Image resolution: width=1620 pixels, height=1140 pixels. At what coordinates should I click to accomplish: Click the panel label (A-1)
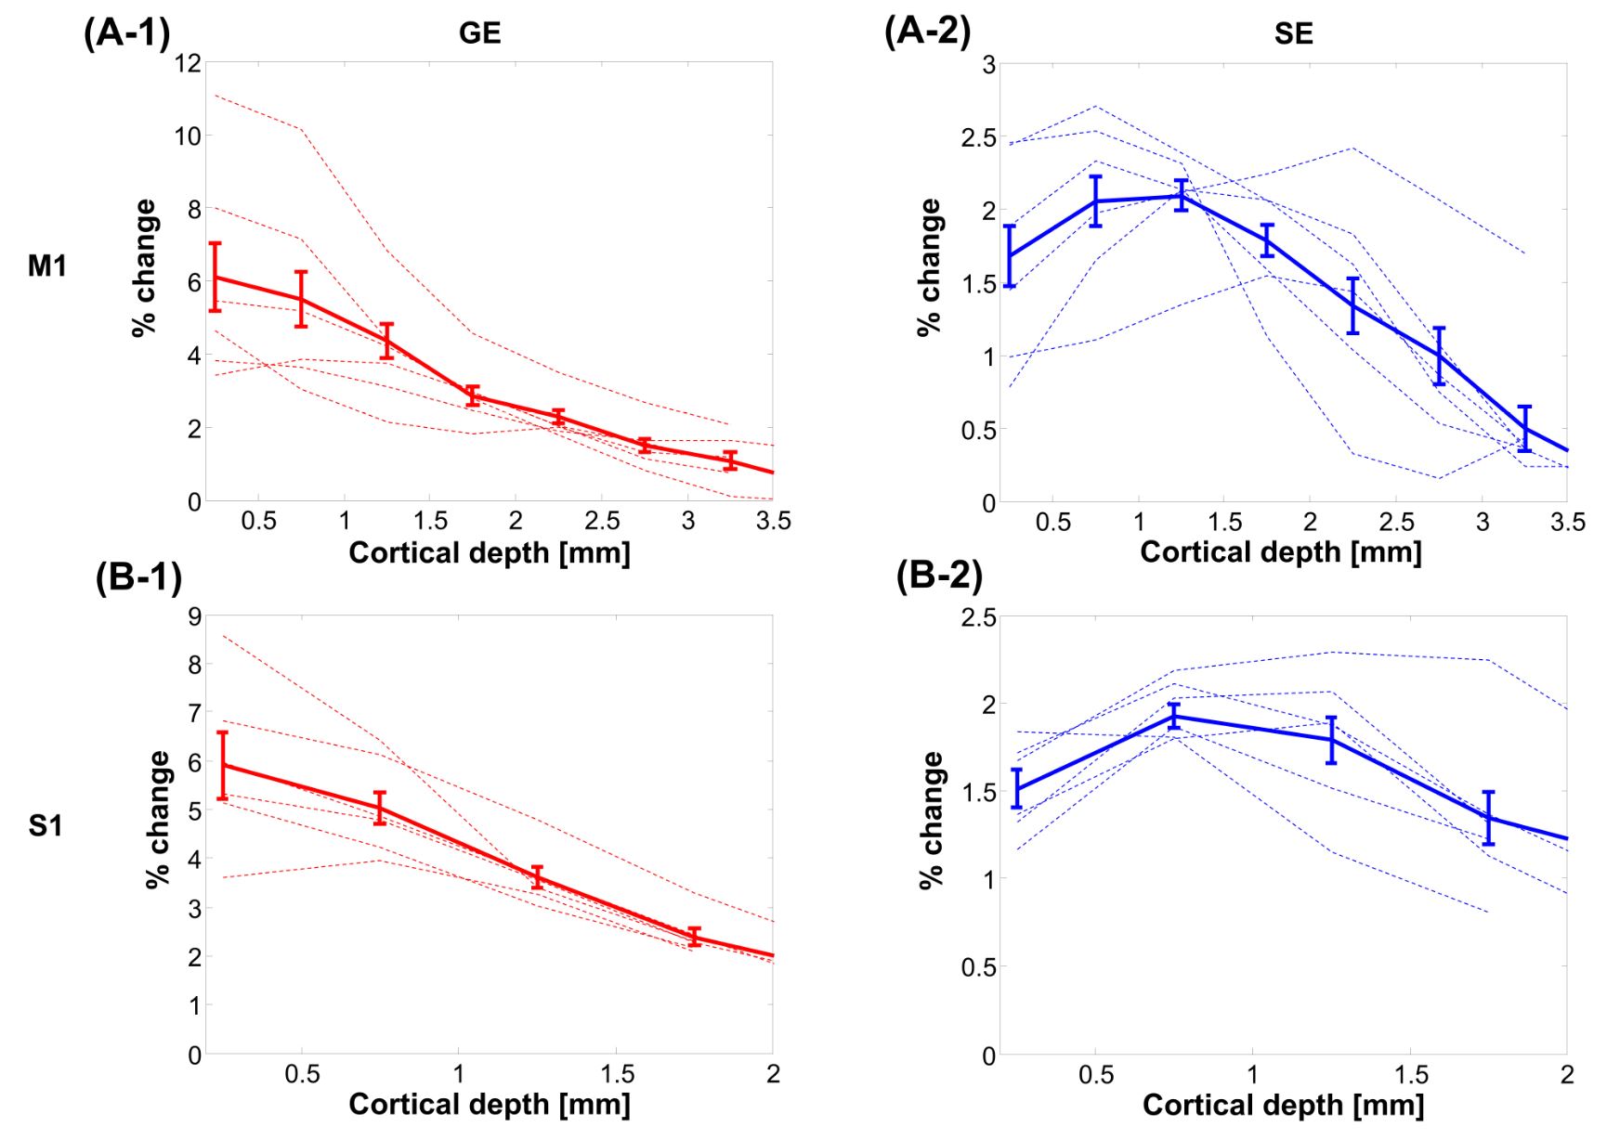126,33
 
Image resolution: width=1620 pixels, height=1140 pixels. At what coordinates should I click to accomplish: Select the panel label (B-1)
138,577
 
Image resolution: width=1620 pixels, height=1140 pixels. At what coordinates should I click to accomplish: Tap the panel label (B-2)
939,576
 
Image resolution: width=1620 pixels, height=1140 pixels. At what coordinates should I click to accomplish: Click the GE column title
479,34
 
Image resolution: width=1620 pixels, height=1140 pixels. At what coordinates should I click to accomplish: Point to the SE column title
1293,35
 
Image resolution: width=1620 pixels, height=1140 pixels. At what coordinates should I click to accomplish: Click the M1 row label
47,266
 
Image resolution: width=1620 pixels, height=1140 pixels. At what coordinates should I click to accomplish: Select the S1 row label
46,825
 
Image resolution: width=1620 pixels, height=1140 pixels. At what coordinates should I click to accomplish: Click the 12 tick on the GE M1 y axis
188,64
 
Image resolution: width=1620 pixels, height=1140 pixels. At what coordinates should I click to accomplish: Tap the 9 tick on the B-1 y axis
194,616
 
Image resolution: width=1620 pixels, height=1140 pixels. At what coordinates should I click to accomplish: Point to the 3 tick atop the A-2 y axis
989,65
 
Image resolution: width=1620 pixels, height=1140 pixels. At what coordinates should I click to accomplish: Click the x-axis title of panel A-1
490,553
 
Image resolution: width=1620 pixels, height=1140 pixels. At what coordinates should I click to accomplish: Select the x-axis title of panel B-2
1283,1105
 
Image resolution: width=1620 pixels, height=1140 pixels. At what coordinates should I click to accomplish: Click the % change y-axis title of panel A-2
929,267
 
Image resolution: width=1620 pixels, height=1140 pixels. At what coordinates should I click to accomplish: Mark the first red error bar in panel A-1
216,277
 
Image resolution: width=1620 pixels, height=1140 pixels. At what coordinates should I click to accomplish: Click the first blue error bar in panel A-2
1010,256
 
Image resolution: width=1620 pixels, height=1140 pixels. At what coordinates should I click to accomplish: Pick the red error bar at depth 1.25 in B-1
537,877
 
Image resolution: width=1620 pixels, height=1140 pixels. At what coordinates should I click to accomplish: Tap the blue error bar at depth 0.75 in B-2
1174,716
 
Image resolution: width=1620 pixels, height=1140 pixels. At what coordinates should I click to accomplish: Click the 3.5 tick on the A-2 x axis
1567,523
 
